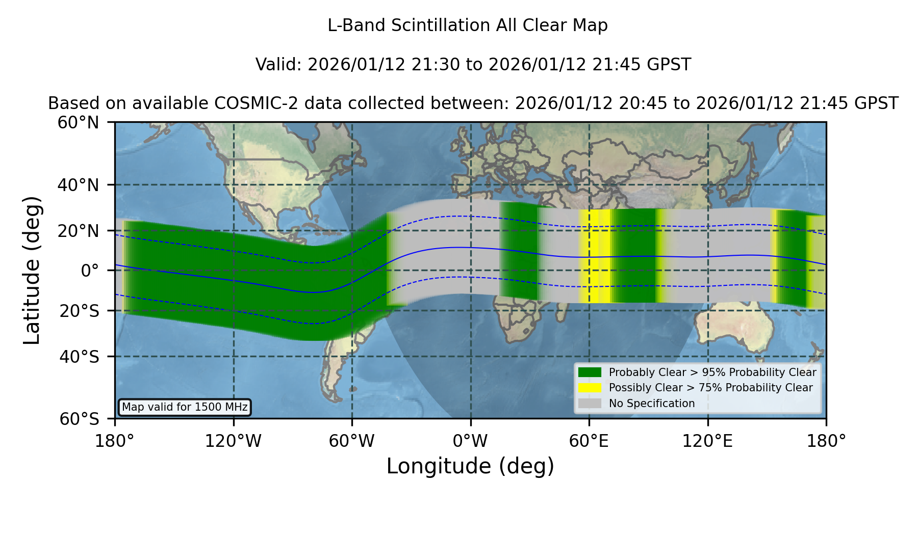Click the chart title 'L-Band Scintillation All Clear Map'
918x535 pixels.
point(468,25)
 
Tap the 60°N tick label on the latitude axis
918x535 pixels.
point(79,122)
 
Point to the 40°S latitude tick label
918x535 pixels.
point(80,357)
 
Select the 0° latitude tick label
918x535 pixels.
point(90,271)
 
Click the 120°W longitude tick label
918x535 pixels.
point(233,441)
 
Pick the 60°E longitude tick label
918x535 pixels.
point(589,441)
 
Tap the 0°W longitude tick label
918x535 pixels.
point(470,441)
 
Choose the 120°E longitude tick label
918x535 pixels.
point(708,441)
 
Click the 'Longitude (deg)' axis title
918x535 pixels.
point(470,466)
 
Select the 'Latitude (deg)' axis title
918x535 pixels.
point(32,270)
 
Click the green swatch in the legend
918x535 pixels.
point(590,372)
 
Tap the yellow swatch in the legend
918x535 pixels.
point(590,388)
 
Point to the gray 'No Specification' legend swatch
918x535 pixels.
point(590,404)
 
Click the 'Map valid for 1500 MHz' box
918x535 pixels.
point(185,407)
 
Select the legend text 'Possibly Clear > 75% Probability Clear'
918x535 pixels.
point(710,388)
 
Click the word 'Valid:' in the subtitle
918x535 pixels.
point(279,65)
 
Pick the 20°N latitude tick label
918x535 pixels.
point(79,231)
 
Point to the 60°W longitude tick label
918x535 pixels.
point(352,441)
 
